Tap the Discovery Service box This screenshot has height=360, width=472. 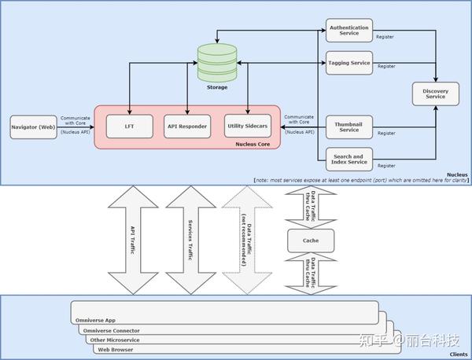(x=435, y=94)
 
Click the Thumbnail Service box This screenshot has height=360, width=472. (x=347, y=126)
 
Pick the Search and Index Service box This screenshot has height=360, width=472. (x=347, y=160)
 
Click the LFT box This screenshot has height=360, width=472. (x=129, y=126)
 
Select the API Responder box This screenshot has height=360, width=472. (x=187, y=126)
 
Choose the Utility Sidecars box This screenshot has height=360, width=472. (x=248, y=126)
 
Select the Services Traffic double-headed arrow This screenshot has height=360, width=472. (x=190, y=238)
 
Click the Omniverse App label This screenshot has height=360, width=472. (x=102, y=320)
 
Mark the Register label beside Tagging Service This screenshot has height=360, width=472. (x=386, y=66)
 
